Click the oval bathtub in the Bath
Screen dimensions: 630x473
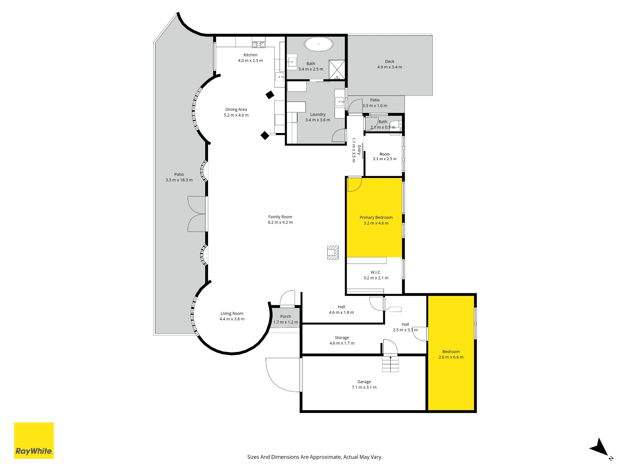click(319, 44)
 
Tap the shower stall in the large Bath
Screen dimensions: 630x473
click(337, 70)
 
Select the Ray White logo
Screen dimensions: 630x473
click(34, 440)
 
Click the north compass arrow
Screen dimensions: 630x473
click(600, 448)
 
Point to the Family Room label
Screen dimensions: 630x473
click(280, 217)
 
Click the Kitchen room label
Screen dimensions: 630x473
click(250, 55)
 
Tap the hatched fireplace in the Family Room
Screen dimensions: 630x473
click(333, 253)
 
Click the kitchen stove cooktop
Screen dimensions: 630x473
click(258, 45)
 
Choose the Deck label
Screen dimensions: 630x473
click(390, 61)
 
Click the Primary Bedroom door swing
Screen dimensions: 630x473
click(355, 185)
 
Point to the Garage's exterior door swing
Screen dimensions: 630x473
click(283, 375)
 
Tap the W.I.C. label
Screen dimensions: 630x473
click(376, 272)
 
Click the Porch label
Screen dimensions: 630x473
click(285, 316)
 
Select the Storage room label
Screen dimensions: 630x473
click(342, 338)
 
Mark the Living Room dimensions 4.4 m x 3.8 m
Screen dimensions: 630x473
click(232, 319)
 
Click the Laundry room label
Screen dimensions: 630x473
click(318, 114)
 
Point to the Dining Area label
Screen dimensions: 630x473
click(236, 109)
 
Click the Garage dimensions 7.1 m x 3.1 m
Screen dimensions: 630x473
click(364, 387)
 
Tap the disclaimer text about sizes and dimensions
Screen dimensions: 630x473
click(315, 457)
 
